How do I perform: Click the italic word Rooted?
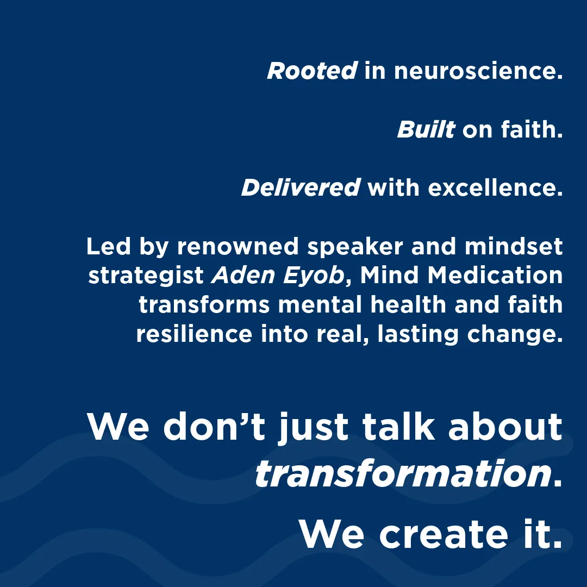[312, 70]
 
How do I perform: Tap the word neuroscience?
[478, 70]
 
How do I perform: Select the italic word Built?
[426, 129]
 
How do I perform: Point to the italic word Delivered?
[301, 187]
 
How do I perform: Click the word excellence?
[495, 187]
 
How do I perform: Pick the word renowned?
[238, 246]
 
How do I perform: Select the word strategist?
[146, 276]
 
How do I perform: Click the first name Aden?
[243, 275]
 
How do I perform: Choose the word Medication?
[495, 275]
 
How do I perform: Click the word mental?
[320, 304]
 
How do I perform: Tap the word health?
[408, 304]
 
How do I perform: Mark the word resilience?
[194, 334]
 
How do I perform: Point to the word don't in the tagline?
[214, 427]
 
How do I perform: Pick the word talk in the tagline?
[399, 427]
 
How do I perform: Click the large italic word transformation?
[403, 473]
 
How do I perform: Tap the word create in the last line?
[444, 534]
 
